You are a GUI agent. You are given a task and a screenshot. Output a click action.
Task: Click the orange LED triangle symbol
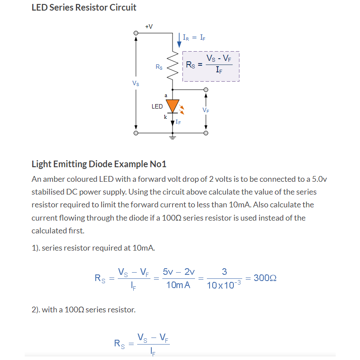pyautogui.click(x=172, y=105)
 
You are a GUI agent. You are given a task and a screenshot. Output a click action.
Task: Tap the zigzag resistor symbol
pyautogui.click(x=172, y=67)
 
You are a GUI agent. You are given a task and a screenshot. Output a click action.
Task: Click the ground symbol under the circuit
pyautogui.click(x=172, y=137)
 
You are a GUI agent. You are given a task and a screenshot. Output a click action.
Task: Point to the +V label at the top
pyautogui.click(x=149, y=26)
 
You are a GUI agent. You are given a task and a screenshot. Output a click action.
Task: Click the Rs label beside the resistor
pyautogui.click(x=159, y=67)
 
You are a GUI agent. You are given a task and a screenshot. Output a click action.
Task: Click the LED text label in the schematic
pyautogui.click(x=157, y=106)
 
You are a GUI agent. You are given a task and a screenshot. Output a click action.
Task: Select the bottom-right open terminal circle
pyautogui.click(x=206, y=132)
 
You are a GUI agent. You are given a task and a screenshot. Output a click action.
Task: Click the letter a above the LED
pyautogui.click(x=166, y=95)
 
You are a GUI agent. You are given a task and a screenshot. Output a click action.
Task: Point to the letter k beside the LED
pyautogui.click(x=165, y=117)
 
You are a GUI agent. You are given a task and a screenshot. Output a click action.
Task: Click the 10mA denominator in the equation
pyautogui.click(x=178, y=285)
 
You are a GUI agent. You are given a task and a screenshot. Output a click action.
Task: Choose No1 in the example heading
pyautogui.click(x=158, y=164)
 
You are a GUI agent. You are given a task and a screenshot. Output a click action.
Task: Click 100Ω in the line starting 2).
pyautogui.click(x=74, y=310)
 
